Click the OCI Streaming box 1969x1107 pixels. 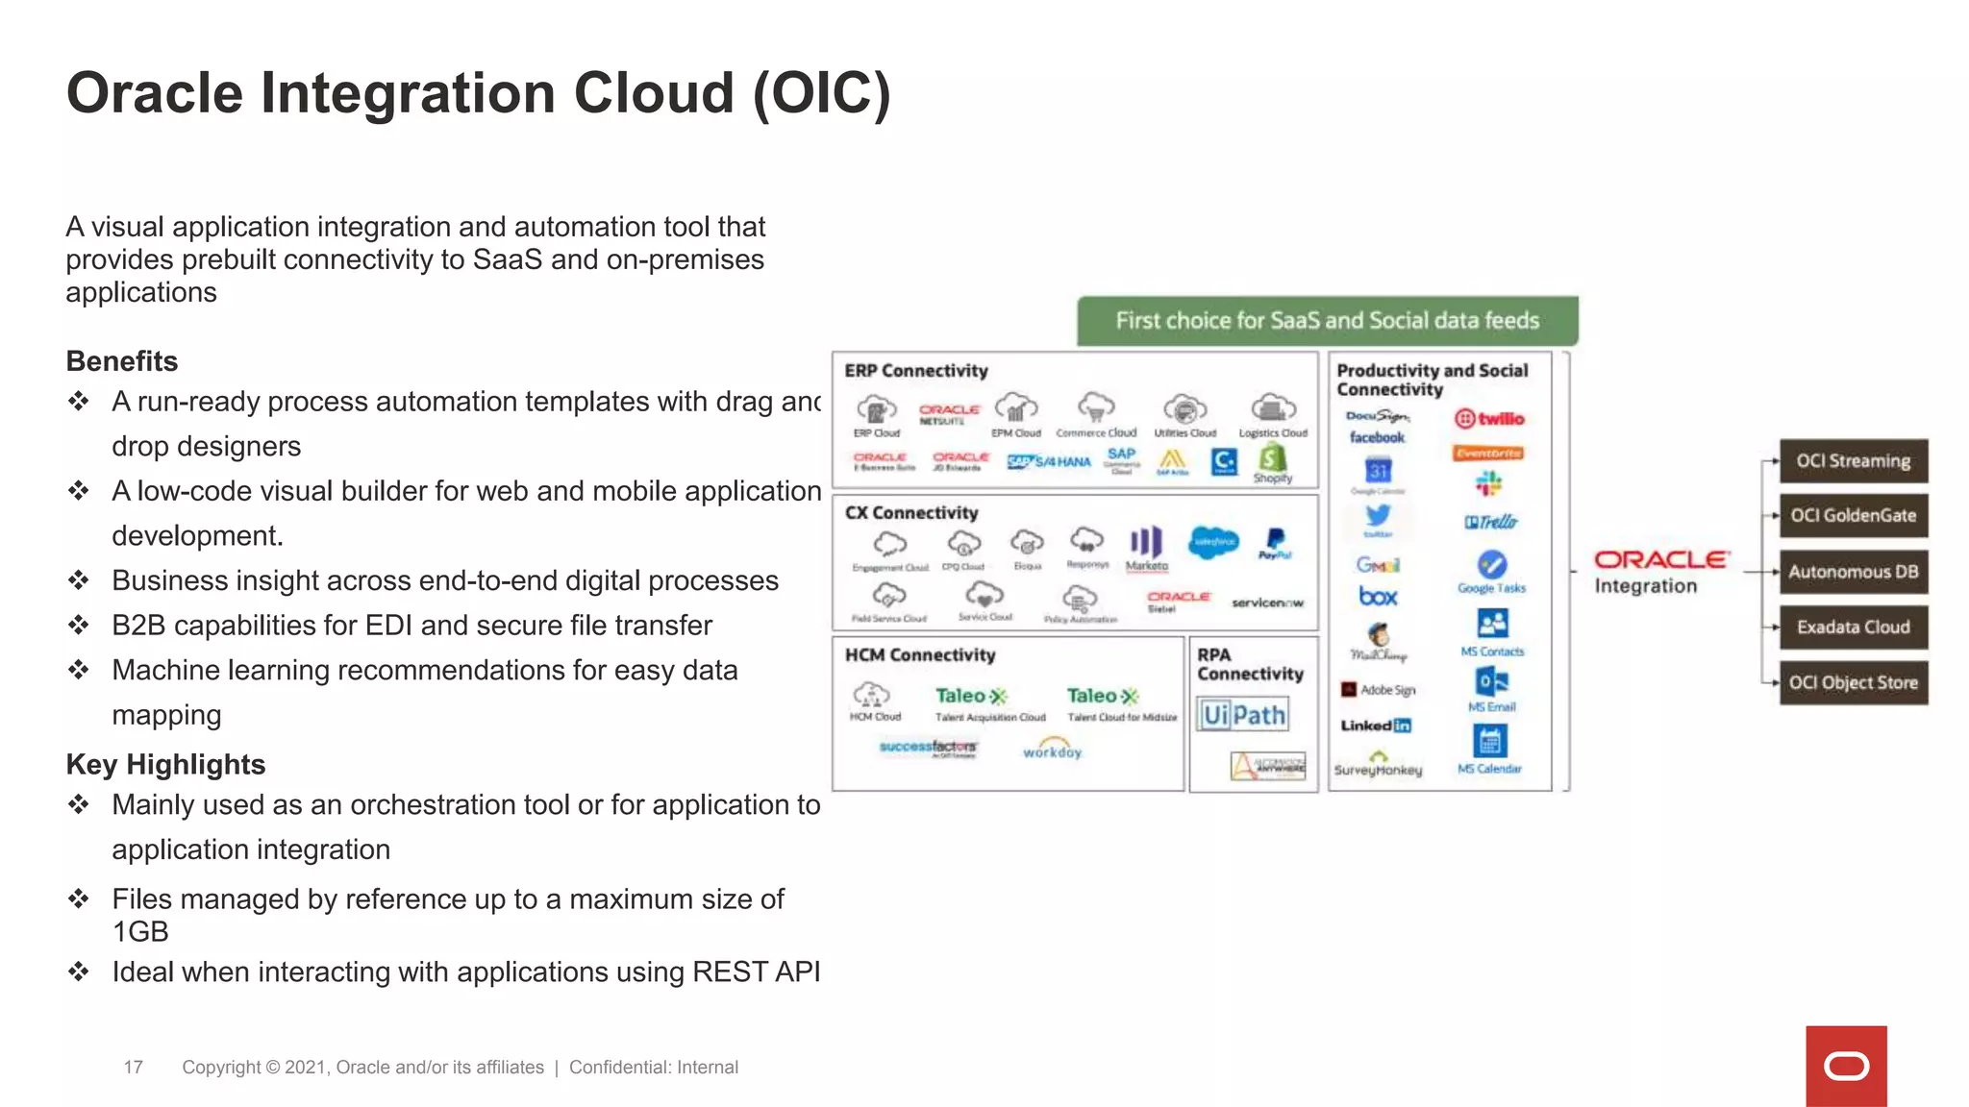[x=1853, y=461]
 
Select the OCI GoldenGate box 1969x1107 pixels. [x=1853, y=516]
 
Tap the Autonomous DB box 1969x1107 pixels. [x=1853, y=572]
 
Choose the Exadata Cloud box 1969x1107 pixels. [x=1853, y=627]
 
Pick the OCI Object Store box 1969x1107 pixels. [x=1853, y=683]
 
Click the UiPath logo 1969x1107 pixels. [x=1243, y=715]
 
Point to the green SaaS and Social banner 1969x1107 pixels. [x=1327, y=321]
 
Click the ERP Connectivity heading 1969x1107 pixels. [x=915, y=371]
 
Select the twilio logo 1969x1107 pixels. [x=1489, y=419]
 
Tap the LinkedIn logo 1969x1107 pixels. [x=1376, y=726]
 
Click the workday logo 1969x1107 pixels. [x=1052, y=750]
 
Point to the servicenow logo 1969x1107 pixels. [x=1267, y=603]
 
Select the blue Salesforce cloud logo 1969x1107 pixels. [x=1213, y=542]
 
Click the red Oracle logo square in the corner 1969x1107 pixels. [x=1845, y=1066]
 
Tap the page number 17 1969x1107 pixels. [x=133, y=1068]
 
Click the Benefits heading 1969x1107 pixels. [x=122, y=361]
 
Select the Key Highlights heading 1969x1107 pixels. [x=165, y=765]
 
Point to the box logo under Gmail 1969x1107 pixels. [x=1378, y=597]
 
